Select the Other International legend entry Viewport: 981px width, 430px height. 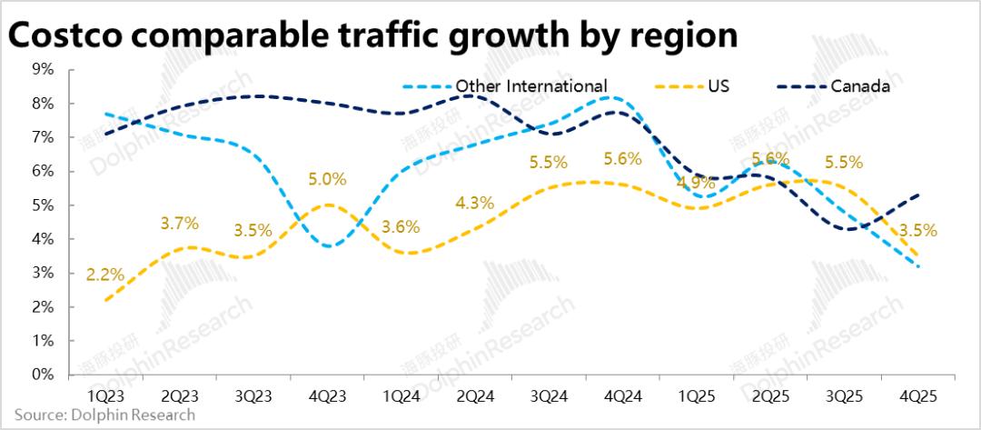pos(530,86)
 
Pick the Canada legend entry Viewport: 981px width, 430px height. pos(859,86)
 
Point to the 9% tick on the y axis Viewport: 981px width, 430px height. pos(42,69)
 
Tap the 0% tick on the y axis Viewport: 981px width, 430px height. pos(42,374)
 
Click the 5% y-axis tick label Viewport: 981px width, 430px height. pos(42,205)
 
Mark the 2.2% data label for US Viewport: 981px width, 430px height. pos(104,274)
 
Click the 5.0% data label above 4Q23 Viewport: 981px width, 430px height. pos(327,179)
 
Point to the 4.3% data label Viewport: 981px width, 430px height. pos(473,204)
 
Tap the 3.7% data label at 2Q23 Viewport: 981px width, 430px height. pos(178,223)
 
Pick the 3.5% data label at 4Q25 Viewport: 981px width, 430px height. pos(917,230)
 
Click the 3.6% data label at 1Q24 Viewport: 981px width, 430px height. pos(400,228)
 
